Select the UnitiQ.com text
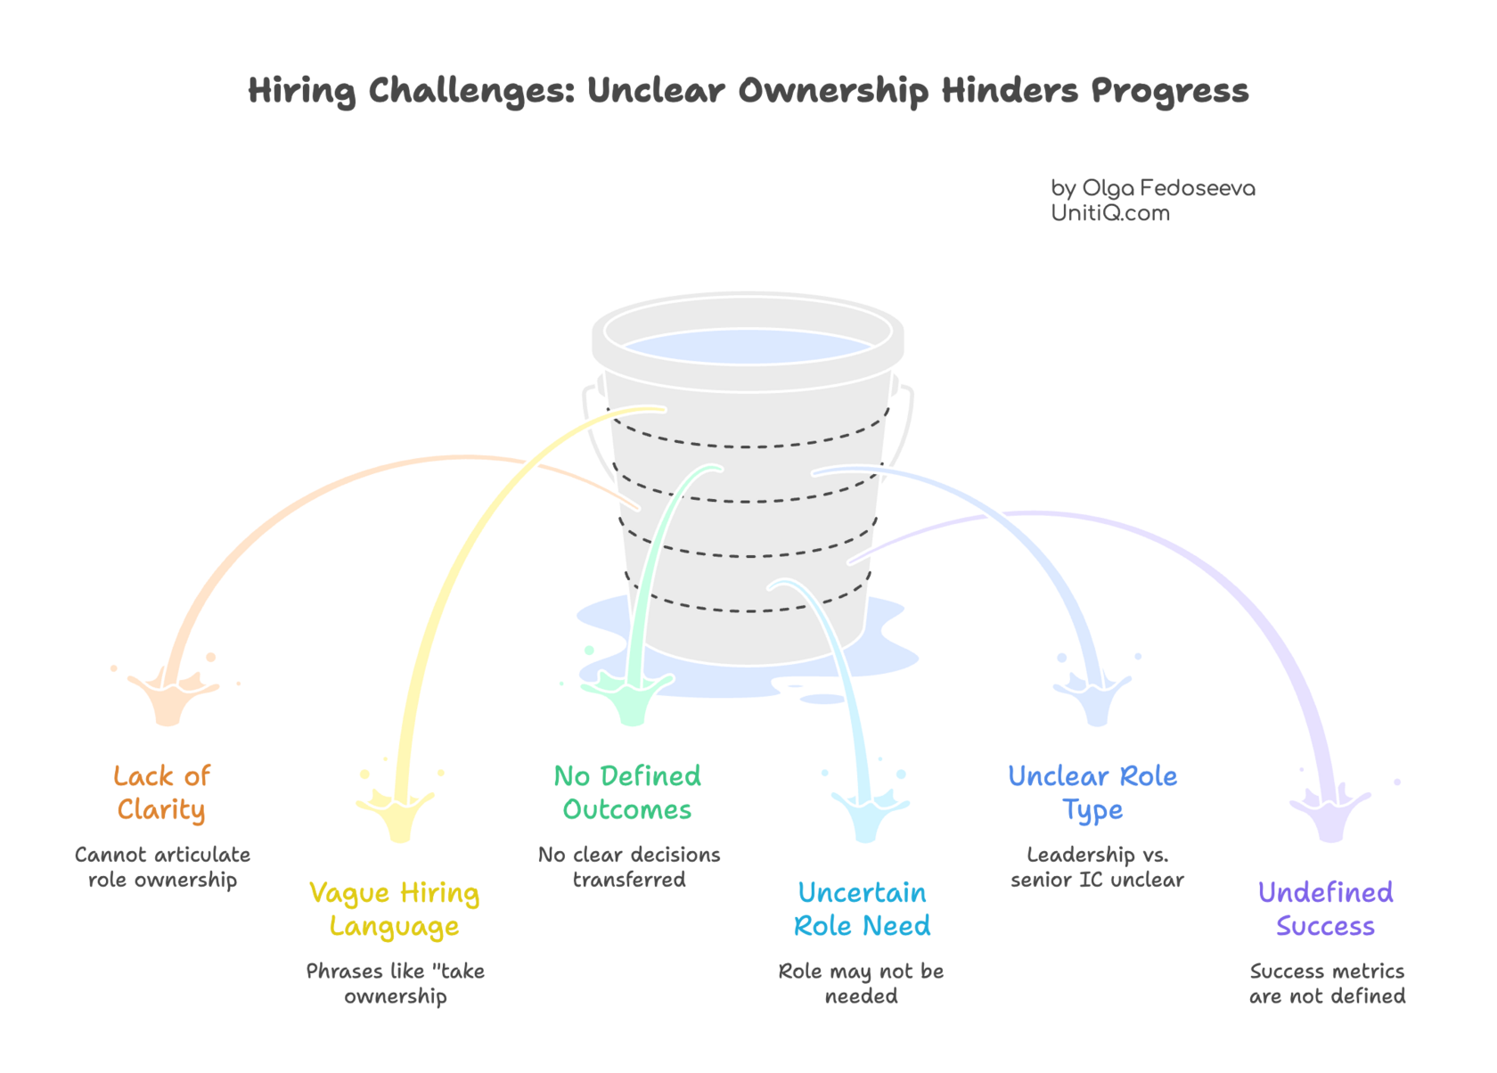coord(1109,213)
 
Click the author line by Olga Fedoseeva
coord(1152,188)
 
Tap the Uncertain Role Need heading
coord(862,909)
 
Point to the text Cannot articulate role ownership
coord(162,867)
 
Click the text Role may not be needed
coord(861,983)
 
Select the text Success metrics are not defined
coord(1327,983)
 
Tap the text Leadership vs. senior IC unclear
coord(1096,867)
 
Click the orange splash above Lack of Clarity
coord(167,700)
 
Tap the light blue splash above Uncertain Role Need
coord(867,813)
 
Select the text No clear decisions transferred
coord(629,867)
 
